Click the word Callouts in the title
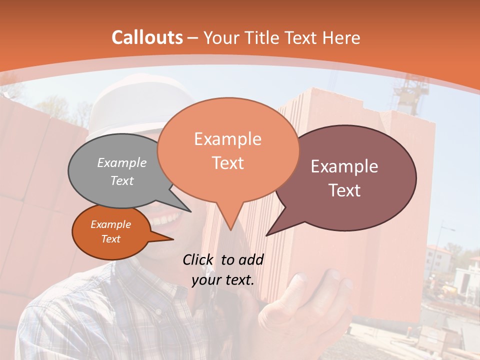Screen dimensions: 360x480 [147, 37]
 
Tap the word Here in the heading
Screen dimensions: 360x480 [340, 37]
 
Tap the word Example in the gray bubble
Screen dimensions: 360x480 [122, 162]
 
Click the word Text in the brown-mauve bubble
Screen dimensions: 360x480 [344, 190]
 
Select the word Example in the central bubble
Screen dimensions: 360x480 [227, 139]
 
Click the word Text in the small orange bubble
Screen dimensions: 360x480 [111, 239]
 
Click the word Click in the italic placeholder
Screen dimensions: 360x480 [198, 259]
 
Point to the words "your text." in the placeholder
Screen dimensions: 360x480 [223, 279]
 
